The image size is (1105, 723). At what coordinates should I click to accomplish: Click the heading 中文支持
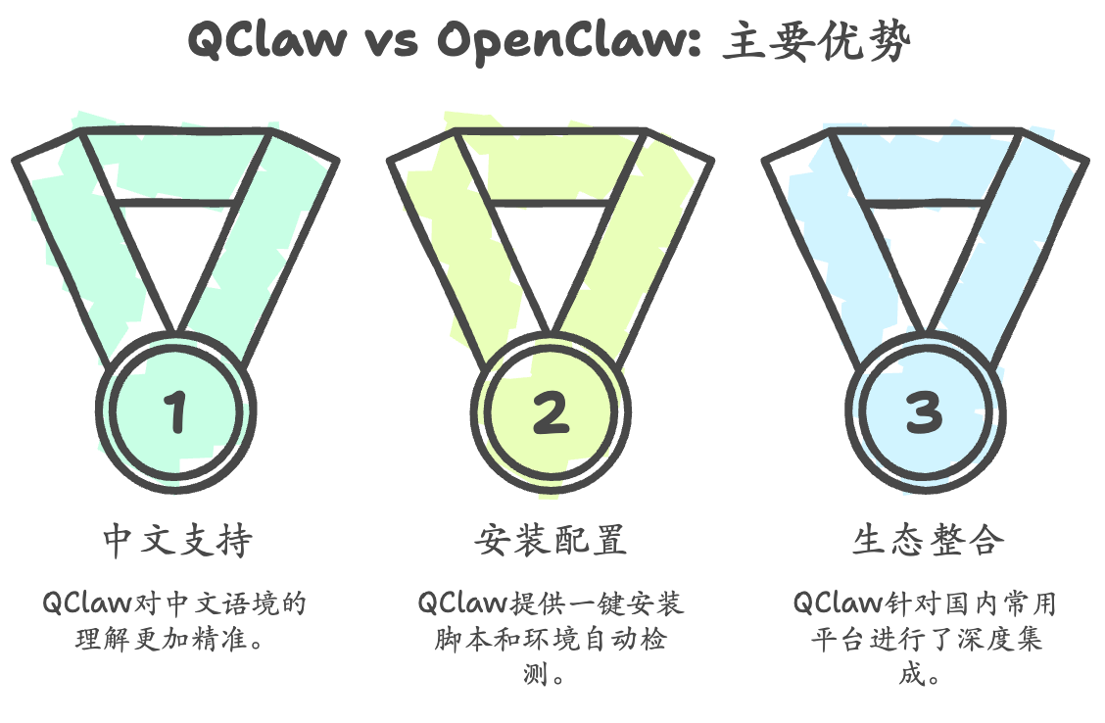[177, 541]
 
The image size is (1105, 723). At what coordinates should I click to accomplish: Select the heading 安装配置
[552, 541]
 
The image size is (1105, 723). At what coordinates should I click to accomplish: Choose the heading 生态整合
[927, 541]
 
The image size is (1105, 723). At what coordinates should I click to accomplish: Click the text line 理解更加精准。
[176, 640]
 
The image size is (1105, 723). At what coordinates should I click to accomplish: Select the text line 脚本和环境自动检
[551, 640]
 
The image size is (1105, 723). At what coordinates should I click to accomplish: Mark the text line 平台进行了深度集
[927, 640]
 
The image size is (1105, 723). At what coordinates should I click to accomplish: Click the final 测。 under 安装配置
[551, 676]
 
